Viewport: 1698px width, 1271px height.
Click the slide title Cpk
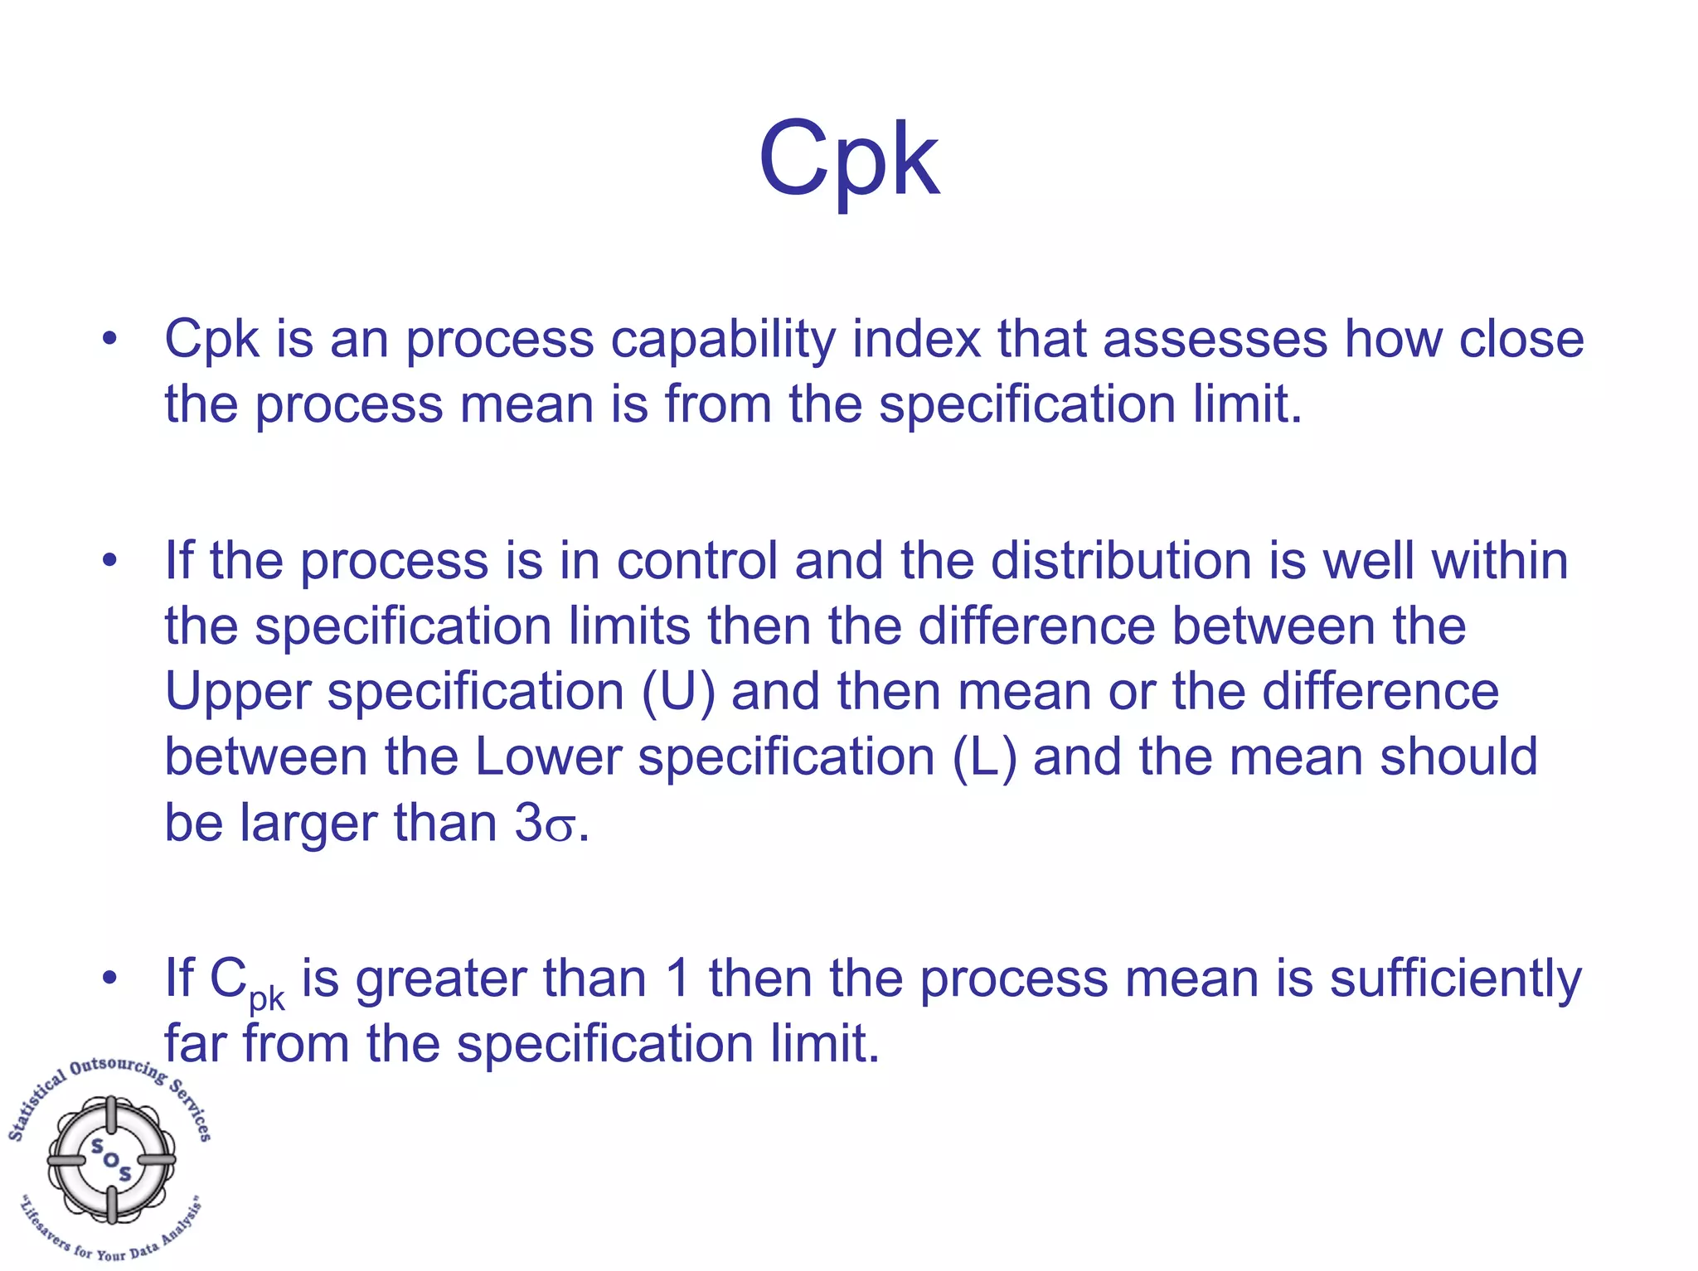pos(848,159)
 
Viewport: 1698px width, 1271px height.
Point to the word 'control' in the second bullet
pos(696,561)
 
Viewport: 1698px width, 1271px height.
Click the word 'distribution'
pos(1122,561)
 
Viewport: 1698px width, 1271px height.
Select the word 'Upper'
pos(237,693)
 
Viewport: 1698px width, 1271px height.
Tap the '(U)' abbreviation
pos(677,693)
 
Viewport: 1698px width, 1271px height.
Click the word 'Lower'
pos(548,757)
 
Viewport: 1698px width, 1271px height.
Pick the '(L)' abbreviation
pos(984,757)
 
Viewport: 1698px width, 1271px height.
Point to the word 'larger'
pos(309,824)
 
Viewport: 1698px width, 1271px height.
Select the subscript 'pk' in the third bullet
pos(267,998)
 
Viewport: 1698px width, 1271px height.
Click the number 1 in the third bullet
pos(677,979)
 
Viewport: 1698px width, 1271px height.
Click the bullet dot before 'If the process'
pos(109,561)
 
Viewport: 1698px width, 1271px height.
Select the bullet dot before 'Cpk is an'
pos(109,339)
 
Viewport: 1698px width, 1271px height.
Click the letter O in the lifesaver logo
pos(111,1159)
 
